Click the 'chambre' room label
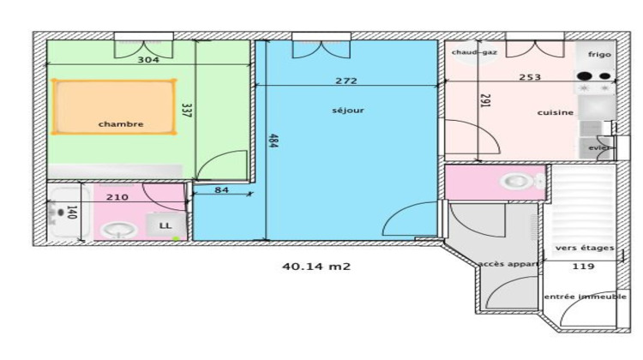(121, 124)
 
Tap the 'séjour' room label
(348, 110)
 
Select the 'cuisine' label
(556, 112)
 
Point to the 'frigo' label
(599, 54)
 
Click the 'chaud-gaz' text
(475, 52)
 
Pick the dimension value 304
(149, 60)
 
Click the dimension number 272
(346, 81)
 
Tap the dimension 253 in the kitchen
(530, 77)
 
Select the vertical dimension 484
(273, 141)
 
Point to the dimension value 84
(221, 189)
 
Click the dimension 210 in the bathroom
(117, 197)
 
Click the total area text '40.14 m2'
(316, 267)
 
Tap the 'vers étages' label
(584, 249)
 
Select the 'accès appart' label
(509, 264)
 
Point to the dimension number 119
(583, 267)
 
